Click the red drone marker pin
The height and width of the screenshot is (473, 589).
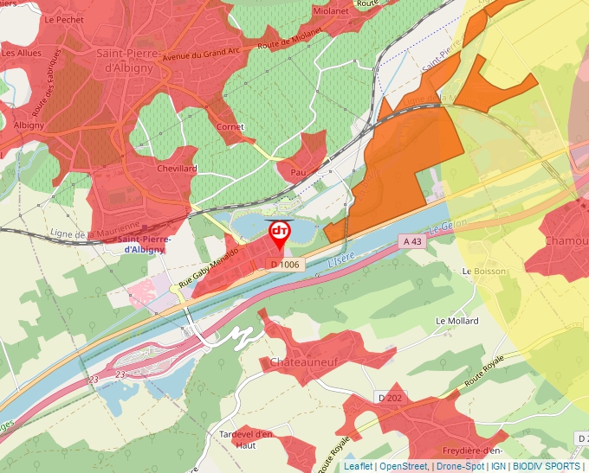tap(280, 233)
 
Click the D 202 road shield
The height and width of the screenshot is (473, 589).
tap(390, 397)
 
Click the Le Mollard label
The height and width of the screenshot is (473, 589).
tap(456, 321)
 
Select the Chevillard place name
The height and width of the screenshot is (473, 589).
tap(177, 169)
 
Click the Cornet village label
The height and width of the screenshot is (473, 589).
tap(230, 127)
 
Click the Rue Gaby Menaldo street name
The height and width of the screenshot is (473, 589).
tap(208, 265)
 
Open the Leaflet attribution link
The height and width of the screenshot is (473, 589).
tap(357, 466)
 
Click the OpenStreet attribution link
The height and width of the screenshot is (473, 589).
tap(403, 466)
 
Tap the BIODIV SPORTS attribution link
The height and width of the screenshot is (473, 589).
tap(546, 466)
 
